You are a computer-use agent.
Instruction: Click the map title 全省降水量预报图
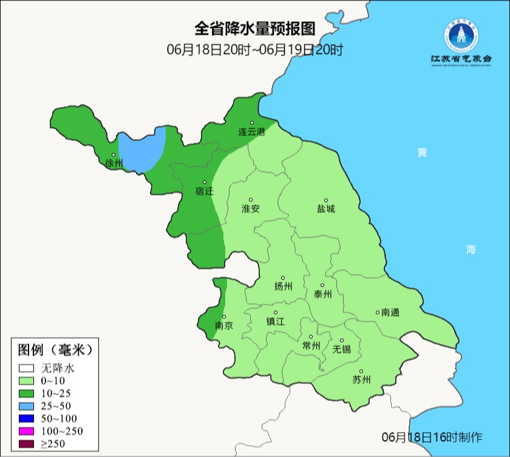[x=255, y=28]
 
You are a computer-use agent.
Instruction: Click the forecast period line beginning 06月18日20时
[x=255, y=50]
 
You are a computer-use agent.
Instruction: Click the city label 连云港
[x=251, y=132]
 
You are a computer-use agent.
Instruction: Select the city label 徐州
[x=114, y=163]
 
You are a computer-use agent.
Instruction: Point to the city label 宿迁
[x=205, y=191]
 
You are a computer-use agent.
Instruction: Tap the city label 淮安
[x=251, y=208]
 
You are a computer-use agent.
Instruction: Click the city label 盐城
[x=325, y=208]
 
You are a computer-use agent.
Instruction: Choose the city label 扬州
[x=283, y=286]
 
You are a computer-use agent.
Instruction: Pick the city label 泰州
[x=322, y=294]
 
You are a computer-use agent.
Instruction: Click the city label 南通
[x=390, y=312]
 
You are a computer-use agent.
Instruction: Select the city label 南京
[x=224, y=325]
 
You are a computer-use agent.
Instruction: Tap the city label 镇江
[x=275, y=322]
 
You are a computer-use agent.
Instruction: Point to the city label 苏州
[x=361, y=380]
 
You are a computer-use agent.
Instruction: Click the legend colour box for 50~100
[x=26, y=418]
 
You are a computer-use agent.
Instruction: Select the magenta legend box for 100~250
[x=26, y=431]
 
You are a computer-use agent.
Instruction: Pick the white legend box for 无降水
[x=26, y=368]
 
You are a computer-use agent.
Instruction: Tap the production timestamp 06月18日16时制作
[x=432, y=437]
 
